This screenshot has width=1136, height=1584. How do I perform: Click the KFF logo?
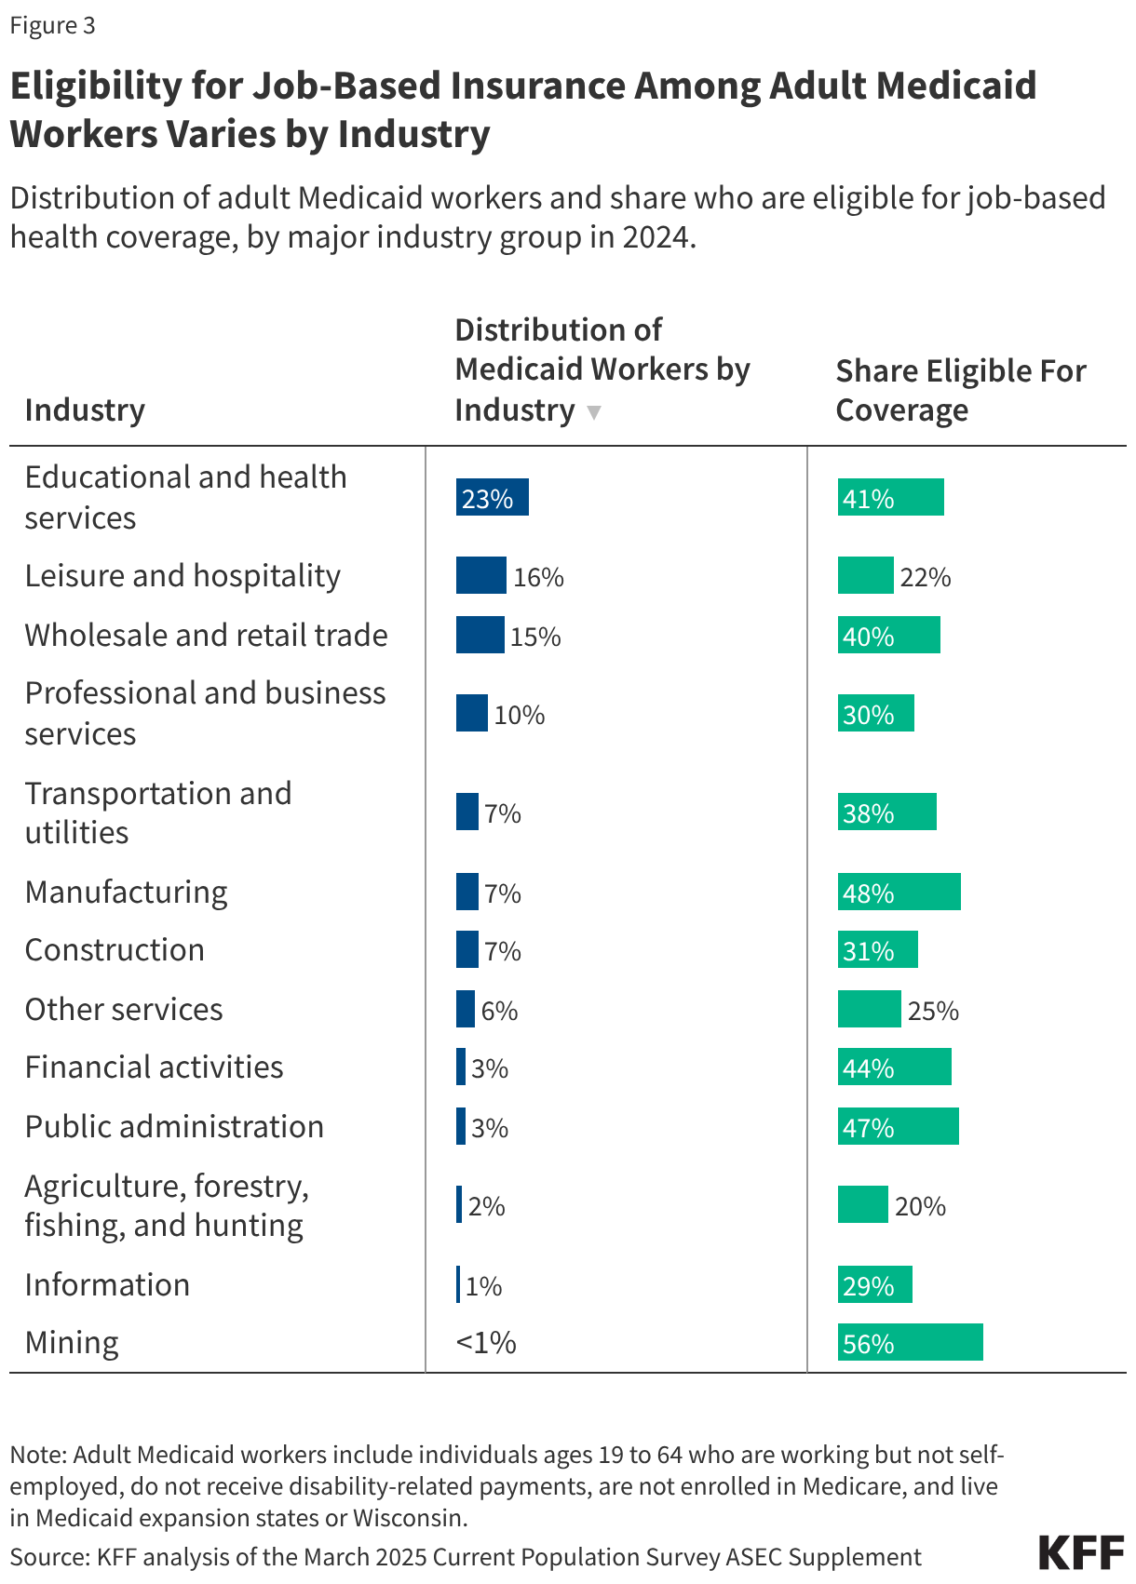coord(1081,1553)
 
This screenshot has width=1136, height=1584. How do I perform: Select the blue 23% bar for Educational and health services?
coord(492,497)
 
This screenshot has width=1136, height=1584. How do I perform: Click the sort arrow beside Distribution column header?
coord(594,412)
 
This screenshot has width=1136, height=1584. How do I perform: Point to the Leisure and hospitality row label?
coord(183,576)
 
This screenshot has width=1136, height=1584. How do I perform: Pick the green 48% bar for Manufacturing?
coord(899,892)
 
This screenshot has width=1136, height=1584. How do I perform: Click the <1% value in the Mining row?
coord(486,1342)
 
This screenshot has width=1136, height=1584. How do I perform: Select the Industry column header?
coord(85,410)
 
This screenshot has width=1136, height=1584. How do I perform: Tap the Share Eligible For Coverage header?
coord(960,390)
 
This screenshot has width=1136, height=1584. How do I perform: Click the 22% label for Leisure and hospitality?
coord(925,578)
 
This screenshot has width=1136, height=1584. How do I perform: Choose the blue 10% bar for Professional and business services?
coord(471,713)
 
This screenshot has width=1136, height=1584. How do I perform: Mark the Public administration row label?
coord(174,1127)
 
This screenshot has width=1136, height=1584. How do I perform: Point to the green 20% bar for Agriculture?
coord(862,1204)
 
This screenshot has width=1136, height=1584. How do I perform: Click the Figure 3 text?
coord(52,25)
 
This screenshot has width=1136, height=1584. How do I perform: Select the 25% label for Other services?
coord(932,1011)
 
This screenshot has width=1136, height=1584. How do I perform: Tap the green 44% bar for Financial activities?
coord(894,1067)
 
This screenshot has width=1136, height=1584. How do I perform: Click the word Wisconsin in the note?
coord(409,1518)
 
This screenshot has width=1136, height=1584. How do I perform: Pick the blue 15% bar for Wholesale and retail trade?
coord(480,635)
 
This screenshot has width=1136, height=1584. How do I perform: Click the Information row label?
coord(107,1285)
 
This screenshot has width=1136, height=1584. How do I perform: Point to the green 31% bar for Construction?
coord(877,949)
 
